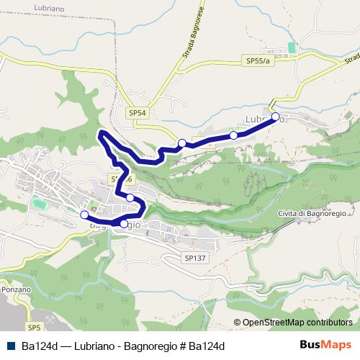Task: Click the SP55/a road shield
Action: (x=257, y=61)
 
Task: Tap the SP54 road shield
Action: (x=138, y=113)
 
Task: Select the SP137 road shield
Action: (x=195, y=257)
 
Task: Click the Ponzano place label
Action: (x=16, y=289)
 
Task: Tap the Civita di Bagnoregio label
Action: (x=312, y=214)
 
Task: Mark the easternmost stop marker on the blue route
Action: (x=275, y=116)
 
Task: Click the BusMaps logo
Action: (x=325, y=346)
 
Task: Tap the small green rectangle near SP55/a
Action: (x=291, y=47)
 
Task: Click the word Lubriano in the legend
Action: (x=95, y=346)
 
